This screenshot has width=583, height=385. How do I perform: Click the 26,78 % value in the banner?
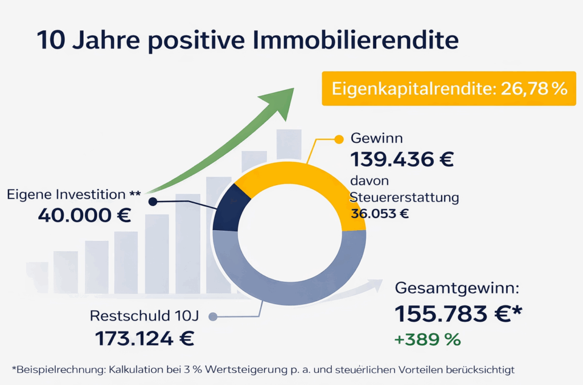pos(533,89)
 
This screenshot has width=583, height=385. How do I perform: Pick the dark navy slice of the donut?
pos(229,210)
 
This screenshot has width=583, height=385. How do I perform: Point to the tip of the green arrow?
pos(292,90)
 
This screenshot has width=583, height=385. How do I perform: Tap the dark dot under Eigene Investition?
pos(152,201)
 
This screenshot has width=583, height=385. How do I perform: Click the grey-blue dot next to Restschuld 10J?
pos(213,316)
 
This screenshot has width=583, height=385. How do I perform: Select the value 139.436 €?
pos(402,159)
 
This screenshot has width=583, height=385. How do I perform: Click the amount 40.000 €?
pos(84,215)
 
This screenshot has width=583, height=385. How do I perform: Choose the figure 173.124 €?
pos(144,339)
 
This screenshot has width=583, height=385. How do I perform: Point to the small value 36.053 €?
pos(380,214)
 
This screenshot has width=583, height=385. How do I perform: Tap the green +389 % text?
pos(427,340)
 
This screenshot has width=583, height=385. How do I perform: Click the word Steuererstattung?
pos(404,198)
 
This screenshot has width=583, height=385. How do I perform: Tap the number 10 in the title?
pos(48,42)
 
